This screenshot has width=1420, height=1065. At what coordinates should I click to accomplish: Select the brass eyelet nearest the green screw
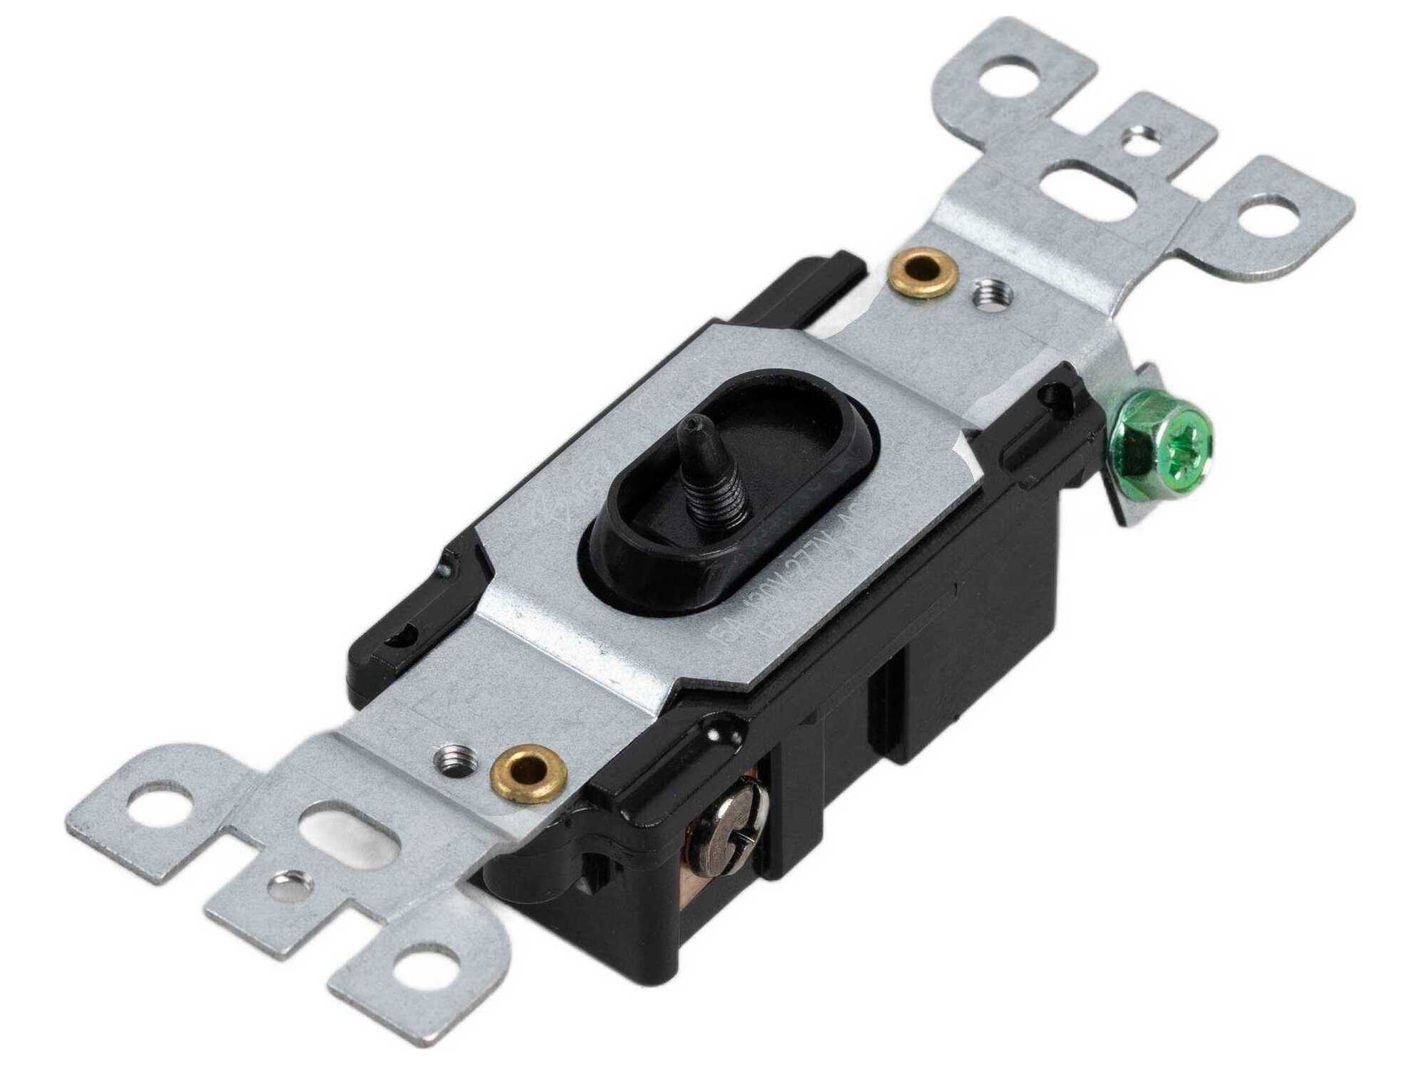[921, 273]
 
